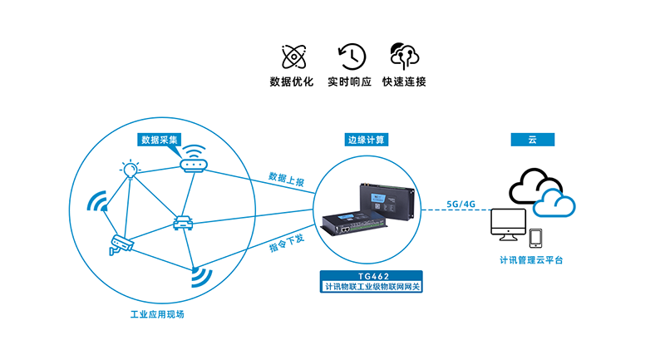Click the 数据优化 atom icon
291,57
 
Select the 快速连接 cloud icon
405,56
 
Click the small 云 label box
532,139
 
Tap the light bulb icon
130,170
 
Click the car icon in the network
183,222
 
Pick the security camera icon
121,244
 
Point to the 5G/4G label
461,203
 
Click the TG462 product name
371,276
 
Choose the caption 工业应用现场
157,317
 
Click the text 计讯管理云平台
531,260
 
